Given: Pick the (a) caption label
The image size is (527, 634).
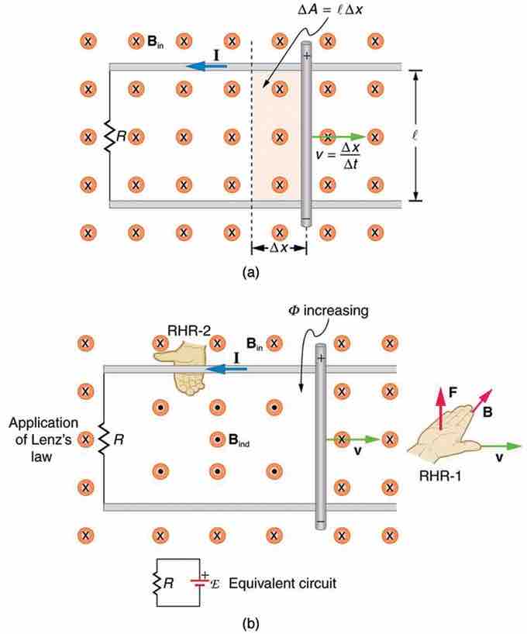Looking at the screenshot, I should coord(250,272).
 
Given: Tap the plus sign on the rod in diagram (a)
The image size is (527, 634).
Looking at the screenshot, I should coord(307,54).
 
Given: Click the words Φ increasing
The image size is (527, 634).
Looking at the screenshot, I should coord(331,311).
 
